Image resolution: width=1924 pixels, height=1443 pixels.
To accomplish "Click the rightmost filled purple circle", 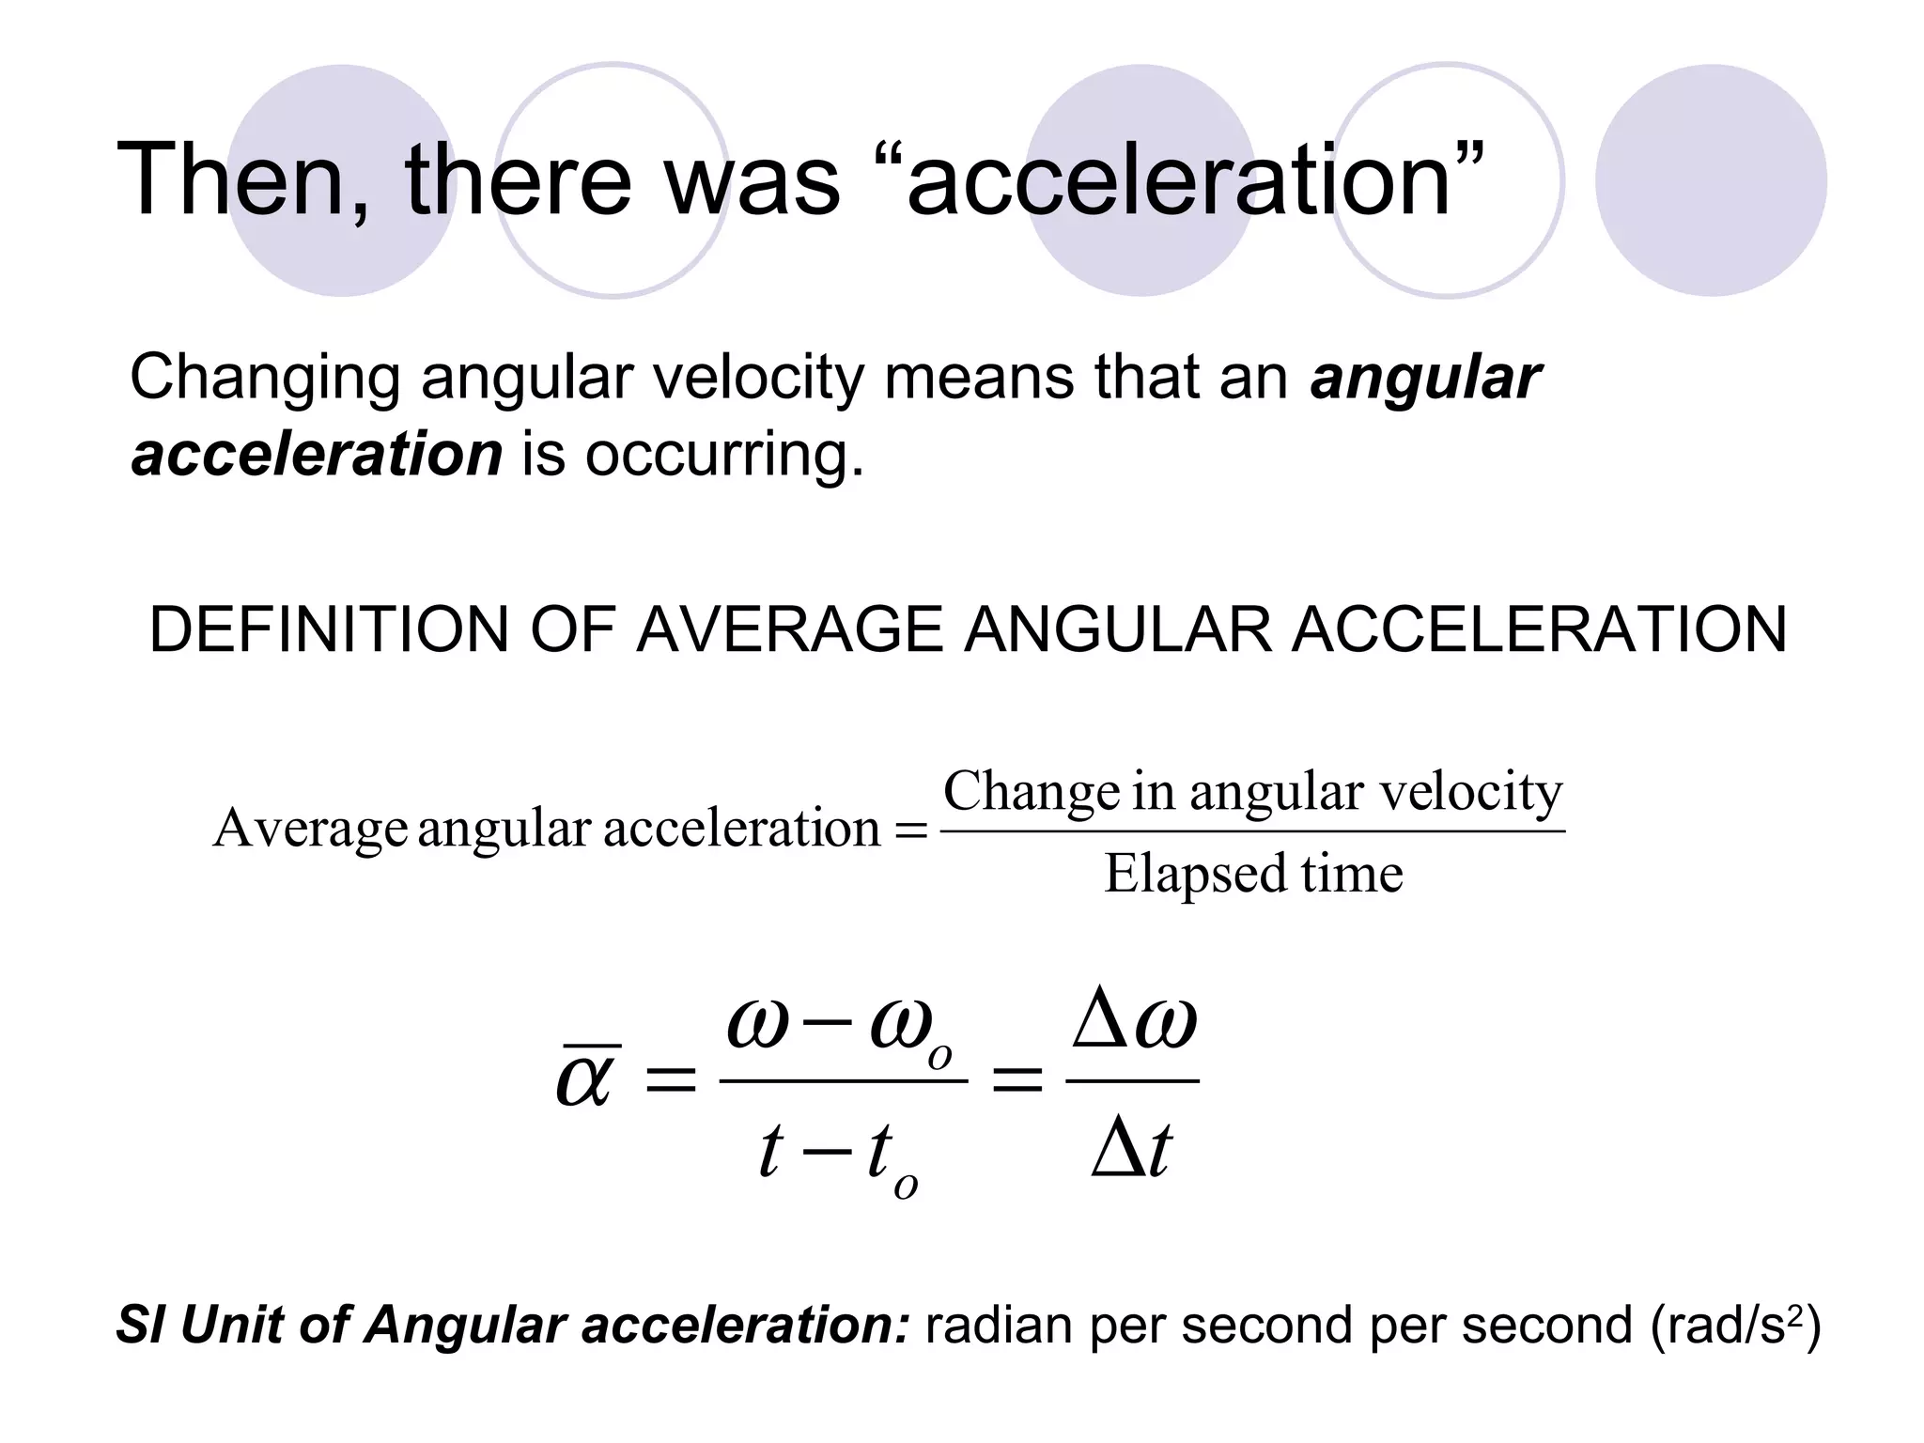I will (x=1711, y=180).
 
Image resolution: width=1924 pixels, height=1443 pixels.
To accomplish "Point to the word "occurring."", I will (x=723, y=456).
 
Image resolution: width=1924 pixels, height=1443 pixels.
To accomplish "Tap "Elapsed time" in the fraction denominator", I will (x=1253, y=874).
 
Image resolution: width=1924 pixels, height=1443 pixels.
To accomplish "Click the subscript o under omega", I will (x=939, y=1057).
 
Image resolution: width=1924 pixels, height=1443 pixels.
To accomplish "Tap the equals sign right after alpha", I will (x=669, y=1080).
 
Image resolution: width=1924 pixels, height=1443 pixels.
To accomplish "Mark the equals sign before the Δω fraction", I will (x=1017, y=1080).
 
